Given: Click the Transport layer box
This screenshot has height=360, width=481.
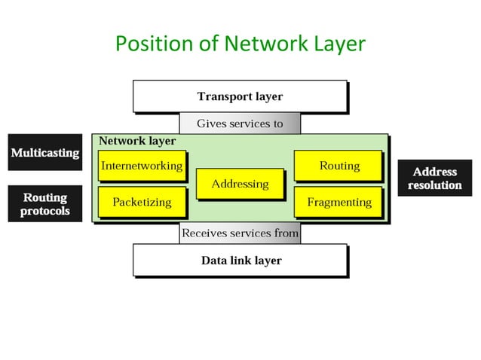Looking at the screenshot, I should point(240,96).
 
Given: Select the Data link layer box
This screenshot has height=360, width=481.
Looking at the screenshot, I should point(240,261).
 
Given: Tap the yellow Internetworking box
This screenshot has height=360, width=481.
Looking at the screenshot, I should point(142,166).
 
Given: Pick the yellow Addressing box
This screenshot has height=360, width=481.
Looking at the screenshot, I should point(240,184).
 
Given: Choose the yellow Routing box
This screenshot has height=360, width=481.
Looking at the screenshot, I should point(339,166).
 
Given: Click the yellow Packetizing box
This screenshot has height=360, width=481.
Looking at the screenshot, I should point(142,202).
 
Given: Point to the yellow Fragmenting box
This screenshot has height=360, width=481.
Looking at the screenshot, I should point(339,202).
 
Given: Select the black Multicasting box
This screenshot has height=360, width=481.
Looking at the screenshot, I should point(44,153).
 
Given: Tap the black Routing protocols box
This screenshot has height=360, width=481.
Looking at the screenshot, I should point(44,204).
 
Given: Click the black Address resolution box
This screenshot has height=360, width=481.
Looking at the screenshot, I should point(435,178).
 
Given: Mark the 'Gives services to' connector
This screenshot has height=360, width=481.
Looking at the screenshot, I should point(240,124).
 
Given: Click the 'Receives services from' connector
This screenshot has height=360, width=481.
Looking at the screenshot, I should point(240,233).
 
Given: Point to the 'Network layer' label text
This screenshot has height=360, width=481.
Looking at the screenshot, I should point(137,141).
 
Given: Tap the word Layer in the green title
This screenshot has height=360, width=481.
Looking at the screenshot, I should point(335,44).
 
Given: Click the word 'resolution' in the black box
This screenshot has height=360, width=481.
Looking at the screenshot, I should point(435,185).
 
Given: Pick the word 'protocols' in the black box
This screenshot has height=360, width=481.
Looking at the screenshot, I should point(44,211).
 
